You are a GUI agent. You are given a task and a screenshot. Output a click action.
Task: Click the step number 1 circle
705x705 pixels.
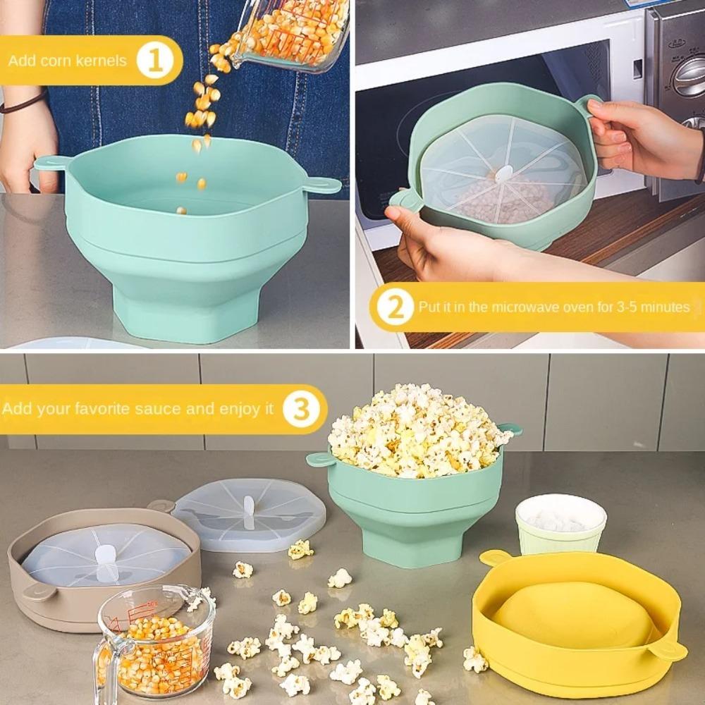click(x=155, y=61)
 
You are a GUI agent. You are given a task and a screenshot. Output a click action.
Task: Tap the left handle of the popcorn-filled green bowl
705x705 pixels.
click(x=319, y=459)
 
